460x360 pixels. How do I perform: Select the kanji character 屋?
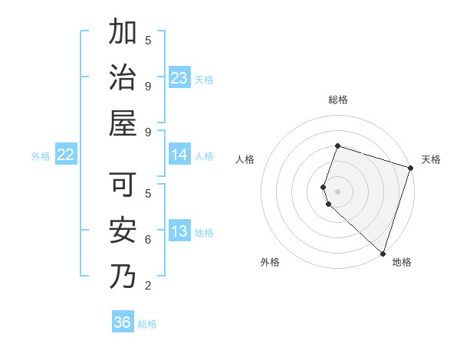[x=123, y=123]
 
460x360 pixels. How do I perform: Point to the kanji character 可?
[x=123, y=184]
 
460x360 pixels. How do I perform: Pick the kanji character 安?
[x=123, y=229]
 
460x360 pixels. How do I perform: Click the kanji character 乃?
[x=123, y=275]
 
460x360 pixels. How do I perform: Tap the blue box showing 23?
[x=179, y=78]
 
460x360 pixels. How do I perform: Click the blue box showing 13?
[x=179, y=232]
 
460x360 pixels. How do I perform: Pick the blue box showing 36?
[x=123, y=322]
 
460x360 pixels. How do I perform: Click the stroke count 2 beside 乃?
[x=148, y=286]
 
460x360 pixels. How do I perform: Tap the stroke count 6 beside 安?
[x=148, y=240]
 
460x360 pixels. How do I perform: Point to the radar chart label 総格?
[x=337, y=100]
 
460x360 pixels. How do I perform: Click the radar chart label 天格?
[x=431, y=159]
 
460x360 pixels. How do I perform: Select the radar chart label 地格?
[x=402, y=262]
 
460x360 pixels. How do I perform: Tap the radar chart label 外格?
[x=270, y=262]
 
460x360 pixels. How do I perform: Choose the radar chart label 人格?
[x=245, y=159]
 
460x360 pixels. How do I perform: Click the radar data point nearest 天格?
[x=410, y=168]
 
